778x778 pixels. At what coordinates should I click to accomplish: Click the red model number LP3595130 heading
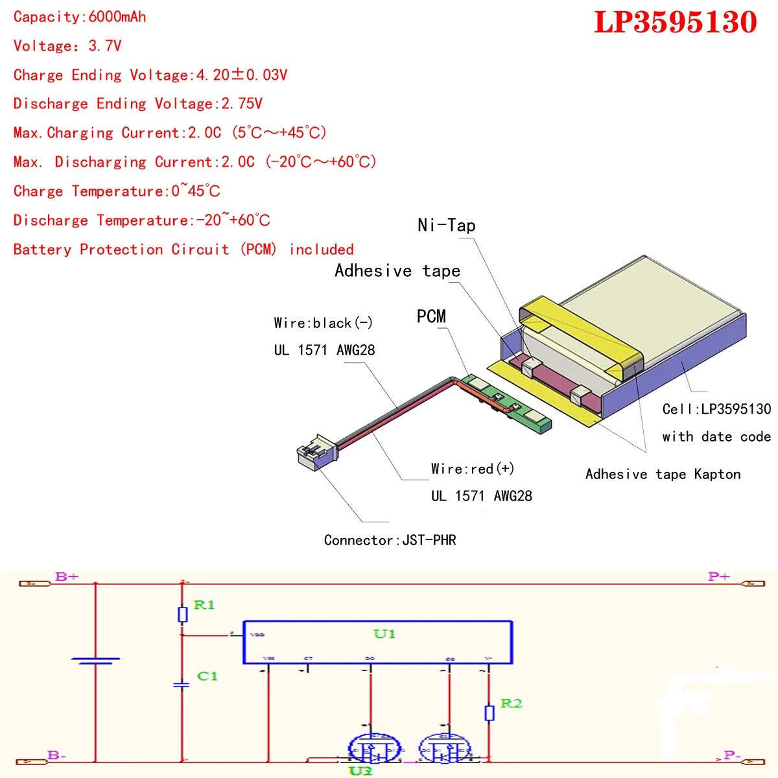[675, 23]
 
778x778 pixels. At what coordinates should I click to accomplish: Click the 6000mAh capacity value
[117, 17]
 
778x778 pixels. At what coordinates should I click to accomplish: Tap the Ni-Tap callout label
[447, 225]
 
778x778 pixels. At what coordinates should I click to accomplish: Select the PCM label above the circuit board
[431, 316]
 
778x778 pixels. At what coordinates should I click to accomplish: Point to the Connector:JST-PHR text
[390, 540]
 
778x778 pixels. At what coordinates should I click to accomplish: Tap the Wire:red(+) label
[473, 469]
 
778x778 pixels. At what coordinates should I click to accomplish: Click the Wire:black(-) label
[323, 323]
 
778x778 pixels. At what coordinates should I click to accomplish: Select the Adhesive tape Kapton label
[663, 474]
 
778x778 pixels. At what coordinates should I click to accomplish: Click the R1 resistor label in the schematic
[204, 605]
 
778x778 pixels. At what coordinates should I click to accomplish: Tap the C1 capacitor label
[207, 676]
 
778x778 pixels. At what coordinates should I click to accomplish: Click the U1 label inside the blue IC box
[384, 633]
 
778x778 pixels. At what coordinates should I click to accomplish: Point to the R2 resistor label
[511, 703]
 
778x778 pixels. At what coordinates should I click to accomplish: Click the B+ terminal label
[67, 576]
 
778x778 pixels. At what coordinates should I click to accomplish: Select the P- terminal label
[732, 755]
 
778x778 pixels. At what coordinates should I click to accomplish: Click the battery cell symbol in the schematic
[95, 661]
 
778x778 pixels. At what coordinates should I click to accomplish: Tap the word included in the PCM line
[322, 250]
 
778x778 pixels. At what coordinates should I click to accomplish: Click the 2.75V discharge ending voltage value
[242, 104]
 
